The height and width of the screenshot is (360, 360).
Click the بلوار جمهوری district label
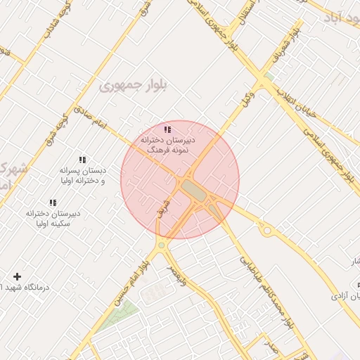134,86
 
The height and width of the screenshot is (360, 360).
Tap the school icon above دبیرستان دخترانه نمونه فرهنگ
167,129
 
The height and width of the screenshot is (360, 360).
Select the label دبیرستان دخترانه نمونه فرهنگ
167,146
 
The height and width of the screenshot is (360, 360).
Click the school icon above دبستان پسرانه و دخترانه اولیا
82,160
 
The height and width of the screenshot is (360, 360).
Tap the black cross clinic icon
18,277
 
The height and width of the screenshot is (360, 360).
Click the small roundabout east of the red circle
266,230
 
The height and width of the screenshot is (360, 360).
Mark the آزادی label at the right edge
349,296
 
